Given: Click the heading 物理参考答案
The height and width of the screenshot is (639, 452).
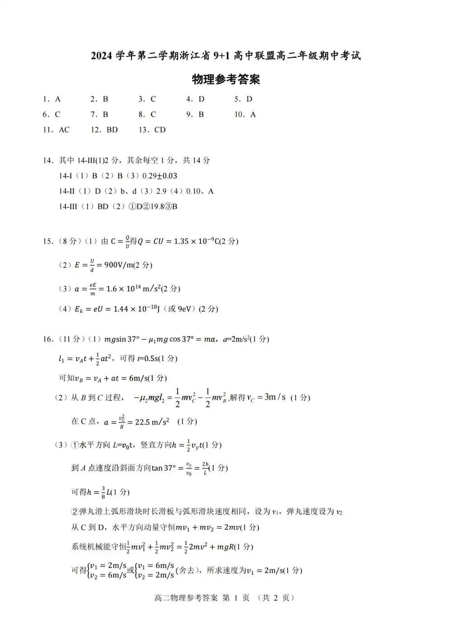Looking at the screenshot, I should [226, 80].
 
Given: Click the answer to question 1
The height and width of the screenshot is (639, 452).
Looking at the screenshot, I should [58, 99].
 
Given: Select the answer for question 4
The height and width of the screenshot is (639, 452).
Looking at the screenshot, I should [202, 99].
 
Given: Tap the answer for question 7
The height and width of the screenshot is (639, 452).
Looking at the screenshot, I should [105, 114].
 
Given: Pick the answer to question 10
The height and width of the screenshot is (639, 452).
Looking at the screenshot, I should [253, 114].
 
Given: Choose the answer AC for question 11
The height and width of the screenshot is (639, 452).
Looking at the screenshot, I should [64, 130].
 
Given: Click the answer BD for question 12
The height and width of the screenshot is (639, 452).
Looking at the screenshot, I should [112, 130].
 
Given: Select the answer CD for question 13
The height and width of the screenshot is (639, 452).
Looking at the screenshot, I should [160, 130].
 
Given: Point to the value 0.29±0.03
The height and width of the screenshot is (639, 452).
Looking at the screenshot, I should [160, 176].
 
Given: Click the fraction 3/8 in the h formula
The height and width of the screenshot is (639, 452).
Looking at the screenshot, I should [103, 492].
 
